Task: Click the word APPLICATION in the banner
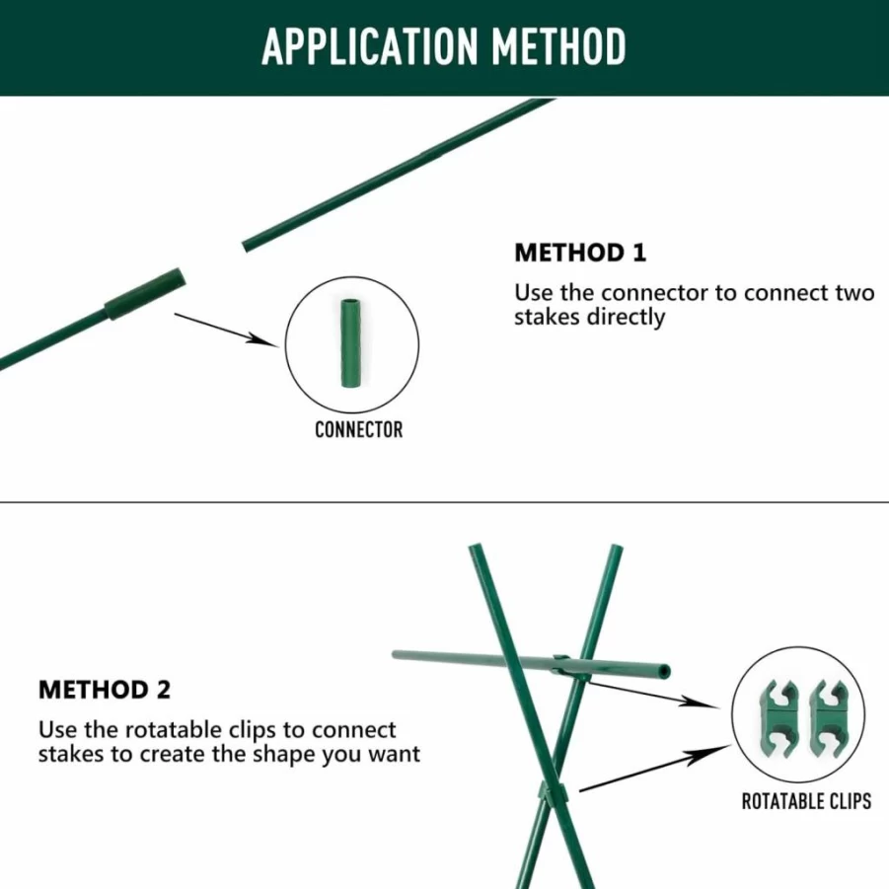[370, 46]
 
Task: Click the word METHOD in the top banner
[559, 46]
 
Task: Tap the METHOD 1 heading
[580, 253]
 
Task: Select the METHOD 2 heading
[105, 690]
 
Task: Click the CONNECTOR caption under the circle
[359, 430]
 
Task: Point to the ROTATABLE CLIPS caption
[806, 801]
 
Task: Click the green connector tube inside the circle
[351, 343]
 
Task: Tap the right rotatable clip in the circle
[829, 718]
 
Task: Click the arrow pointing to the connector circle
[227, 330]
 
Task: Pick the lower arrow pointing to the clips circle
[655, 769]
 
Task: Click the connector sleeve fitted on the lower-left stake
[145, 294]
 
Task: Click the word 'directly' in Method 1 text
[626, 317]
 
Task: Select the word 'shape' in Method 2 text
[285, 755]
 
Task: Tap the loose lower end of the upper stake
[245, 247]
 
